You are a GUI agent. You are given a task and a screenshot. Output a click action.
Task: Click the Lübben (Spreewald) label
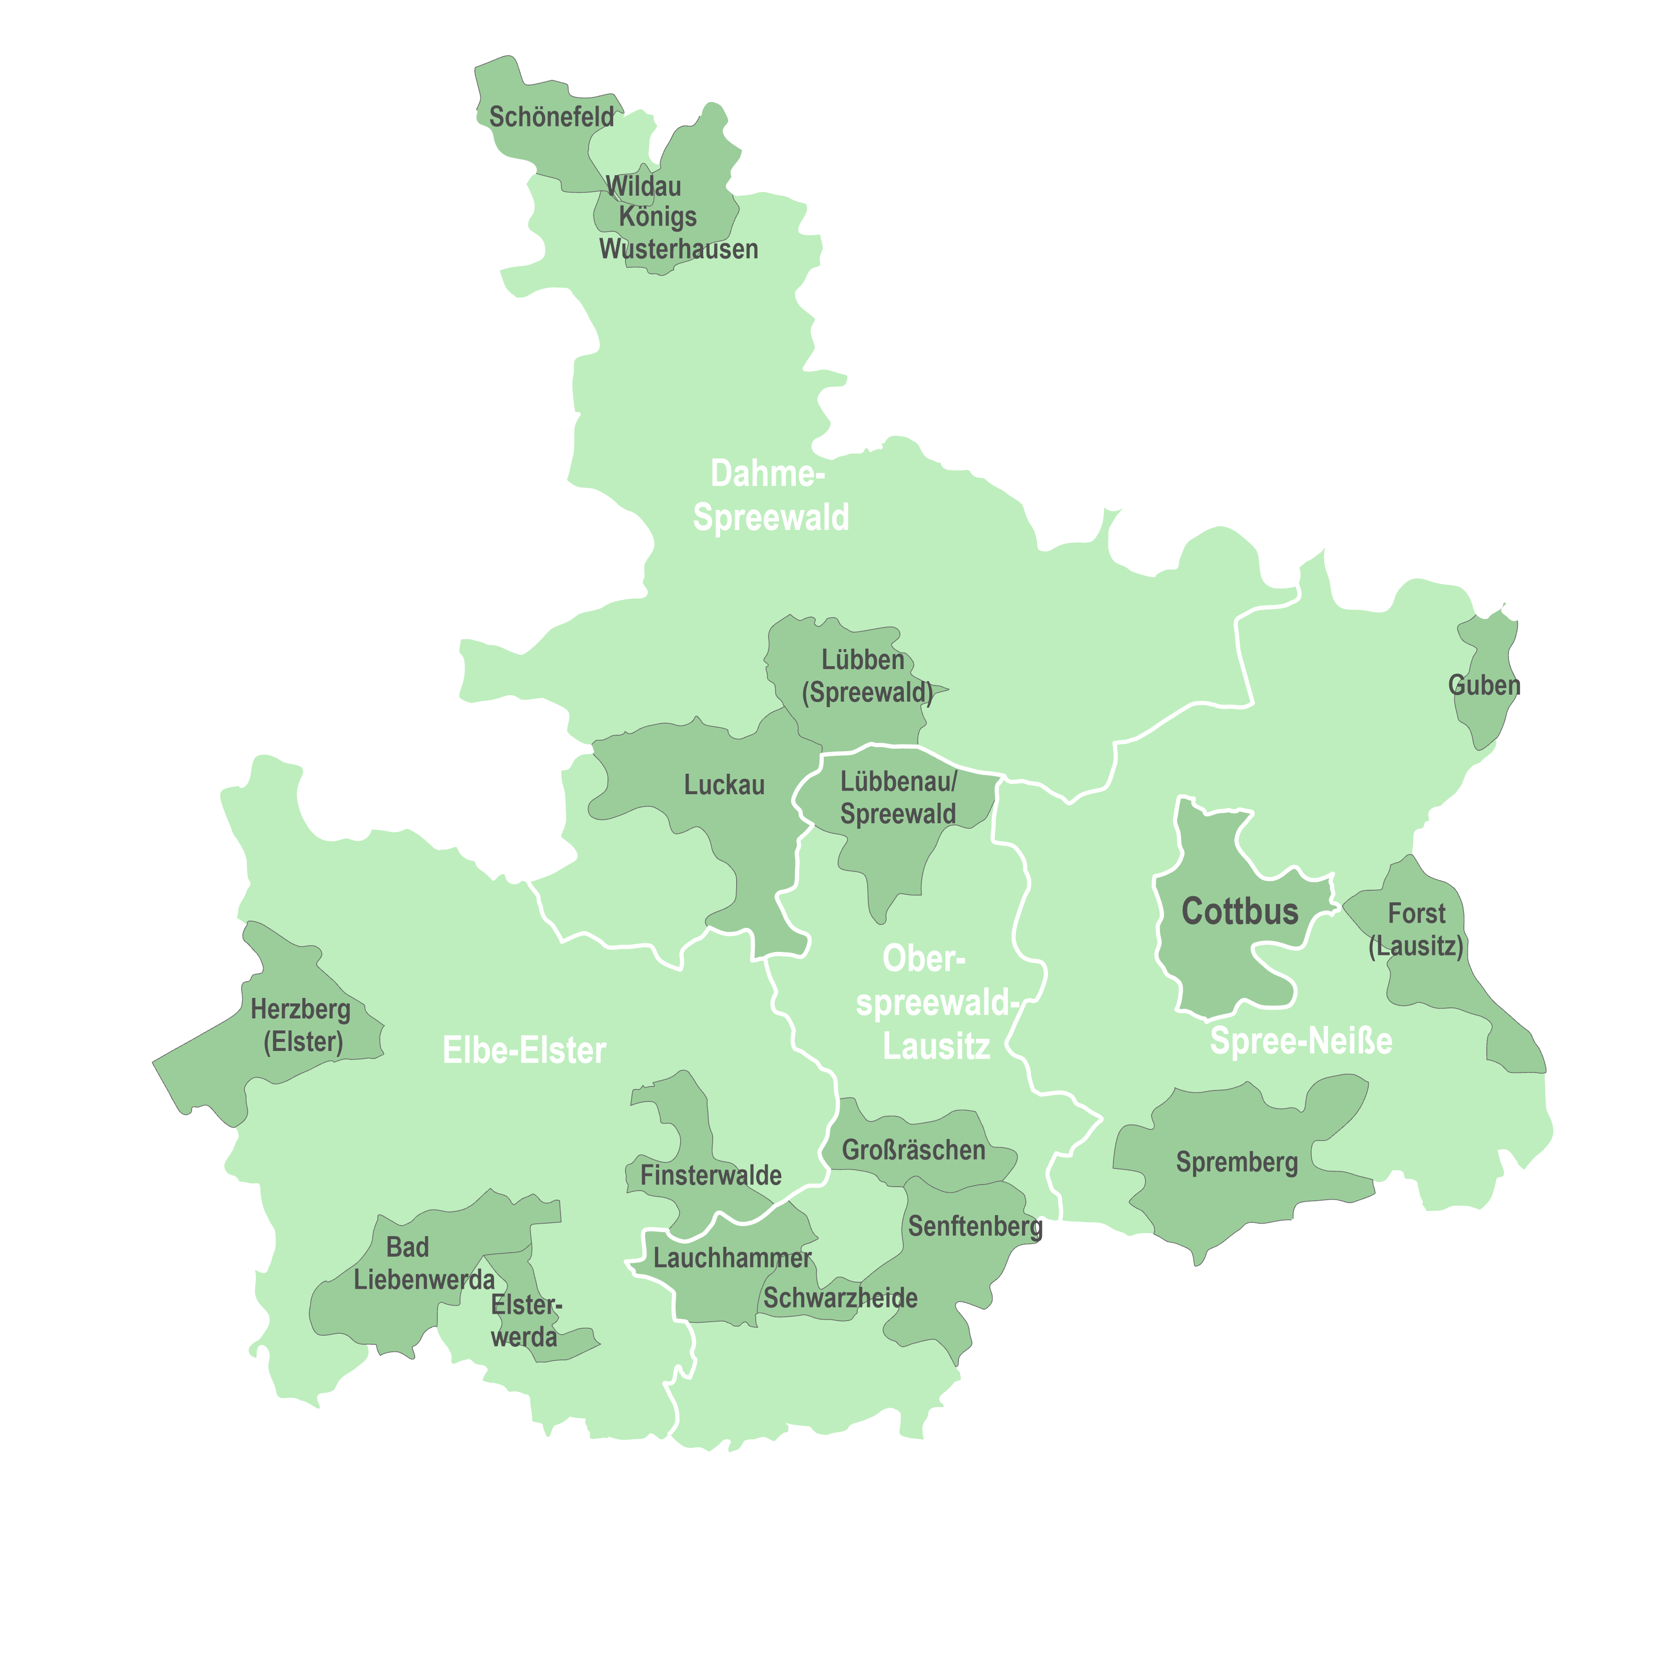866,676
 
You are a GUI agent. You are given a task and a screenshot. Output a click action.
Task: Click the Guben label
1484,685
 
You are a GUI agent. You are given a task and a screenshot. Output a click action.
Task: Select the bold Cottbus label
1240,911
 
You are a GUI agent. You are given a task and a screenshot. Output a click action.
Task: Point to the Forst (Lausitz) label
1416,929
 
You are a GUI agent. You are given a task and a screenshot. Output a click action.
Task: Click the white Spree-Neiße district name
1300,1041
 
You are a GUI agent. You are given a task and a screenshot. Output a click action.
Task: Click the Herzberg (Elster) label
301,1025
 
